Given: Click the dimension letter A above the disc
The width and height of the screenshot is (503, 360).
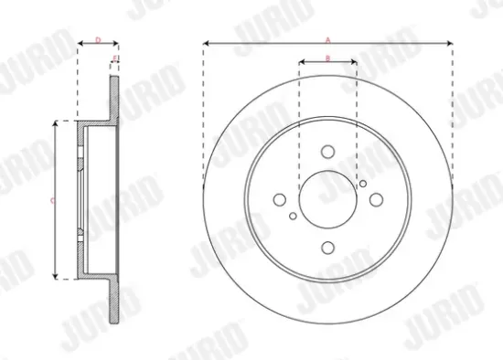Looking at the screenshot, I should (327, 37).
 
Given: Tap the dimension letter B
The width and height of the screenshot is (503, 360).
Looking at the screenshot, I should (327, 58).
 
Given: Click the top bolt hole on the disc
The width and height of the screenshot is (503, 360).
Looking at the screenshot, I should (327, 153).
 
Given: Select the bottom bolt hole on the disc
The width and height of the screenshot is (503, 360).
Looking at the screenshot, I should (327, 247).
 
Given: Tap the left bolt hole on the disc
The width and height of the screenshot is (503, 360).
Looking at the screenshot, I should (280, 200).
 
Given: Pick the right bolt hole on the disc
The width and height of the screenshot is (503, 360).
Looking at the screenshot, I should (375, 200).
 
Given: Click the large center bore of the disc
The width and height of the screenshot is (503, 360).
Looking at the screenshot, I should (327, 200).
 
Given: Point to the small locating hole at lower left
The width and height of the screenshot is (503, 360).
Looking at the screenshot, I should (292, 217).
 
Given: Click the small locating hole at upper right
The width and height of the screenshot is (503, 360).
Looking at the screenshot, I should (363, 184).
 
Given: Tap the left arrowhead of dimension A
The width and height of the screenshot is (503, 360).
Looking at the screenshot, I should (205, 43).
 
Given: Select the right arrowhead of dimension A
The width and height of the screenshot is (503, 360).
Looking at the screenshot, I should (451, 43).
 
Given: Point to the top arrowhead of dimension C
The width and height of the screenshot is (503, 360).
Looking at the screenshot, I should (59, 122).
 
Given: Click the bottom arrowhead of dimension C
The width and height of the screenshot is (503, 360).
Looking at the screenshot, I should (59, 277).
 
